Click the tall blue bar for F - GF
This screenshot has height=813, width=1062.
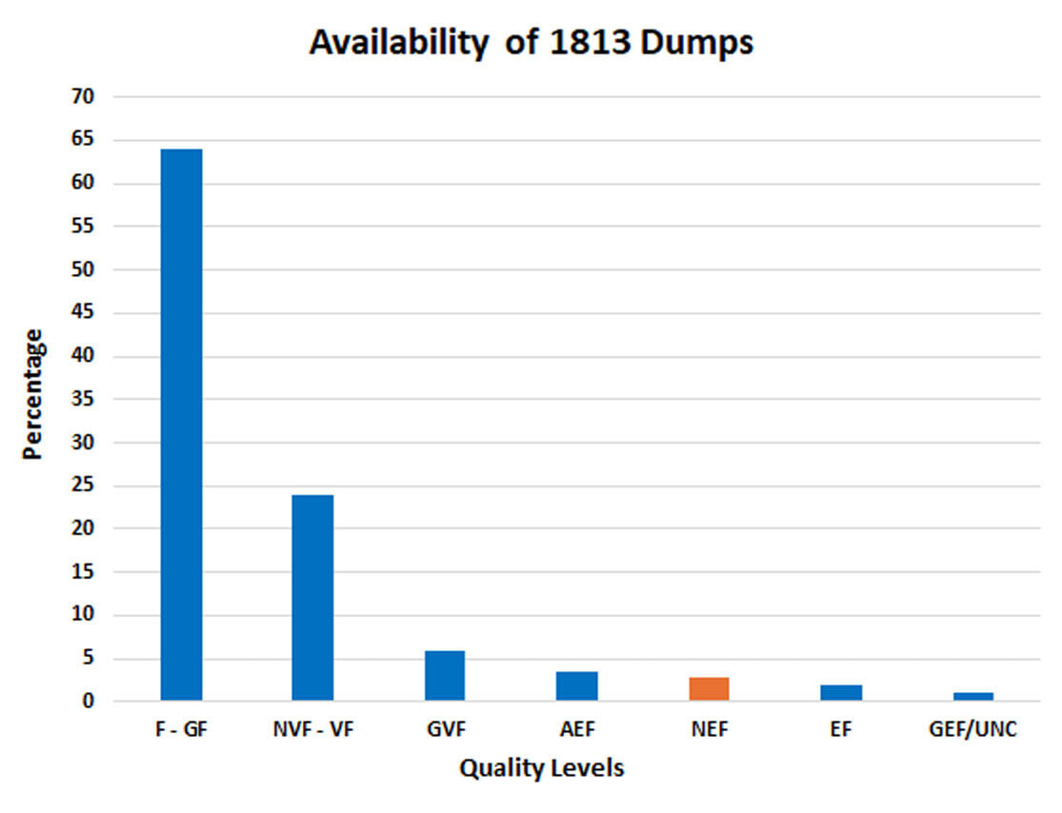click(181, 425)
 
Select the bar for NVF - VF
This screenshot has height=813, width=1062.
click(312, 598)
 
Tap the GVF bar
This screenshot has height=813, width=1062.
click(445, 676)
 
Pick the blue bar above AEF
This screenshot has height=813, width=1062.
click(577, 686)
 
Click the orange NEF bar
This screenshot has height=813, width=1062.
click(709, 689)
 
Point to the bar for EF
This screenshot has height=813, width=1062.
click(841, 693)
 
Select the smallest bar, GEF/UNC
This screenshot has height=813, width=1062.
click(972, 697)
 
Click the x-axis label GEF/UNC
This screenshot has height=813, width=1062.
click(972, 730)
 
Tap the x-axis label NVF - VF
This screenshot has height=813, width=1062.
click(312, 730)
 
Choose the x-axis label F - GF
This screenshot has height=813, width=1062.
click(181, 730)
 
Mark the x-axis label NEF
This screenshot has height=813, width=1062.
click(709, 730)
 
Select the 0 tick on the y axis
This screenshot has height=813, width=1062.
click(89, 703)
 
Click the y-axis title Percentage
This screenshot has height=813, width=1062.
click(33, 394)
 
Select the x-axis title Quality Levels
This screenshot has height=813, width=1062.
click(542, 768)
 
